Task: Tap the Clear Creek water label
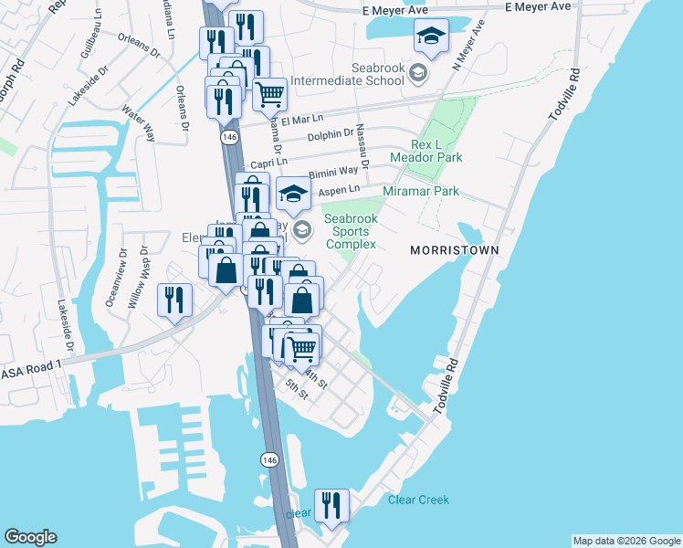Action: (418, 500)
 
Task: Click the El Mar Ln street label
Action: (302, 120)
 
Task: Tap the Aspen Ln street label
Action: (334, 190)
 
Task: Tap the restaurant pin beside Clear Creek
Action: (331, 504)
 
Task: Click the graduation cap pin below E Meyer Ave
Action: (431, 37)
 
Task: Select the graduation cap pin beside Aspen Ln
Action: (293, 193)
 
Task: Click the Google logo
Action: (30, 537)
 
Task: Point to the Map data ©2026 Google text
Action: (625, 541)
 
